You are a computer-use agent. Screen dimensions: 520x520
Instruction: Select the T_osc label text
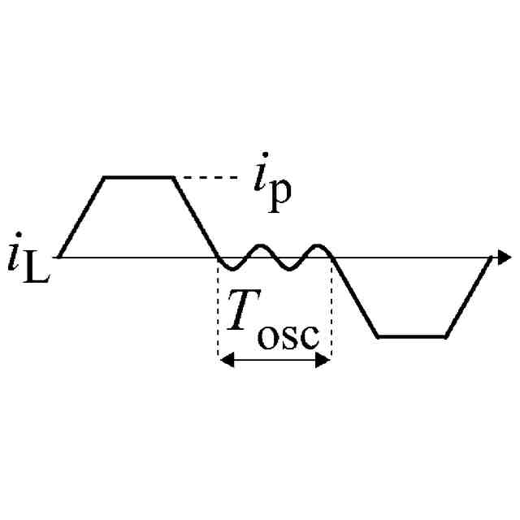[272, 322]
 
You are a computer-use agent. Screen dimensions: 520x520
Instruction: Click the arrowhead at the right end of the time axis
[504, 258]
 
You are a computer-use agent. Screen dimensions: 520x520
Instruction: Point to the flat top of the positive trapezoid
[138, 176]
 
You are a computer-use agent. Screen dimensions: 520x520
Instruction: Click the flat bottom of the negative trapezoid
[412, 336]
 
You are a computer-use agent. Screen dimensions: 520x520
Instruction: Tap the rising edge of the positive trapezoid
[82, 217]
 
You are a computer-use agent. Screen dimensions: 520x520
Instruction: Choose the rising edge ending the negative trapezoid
[469, 297]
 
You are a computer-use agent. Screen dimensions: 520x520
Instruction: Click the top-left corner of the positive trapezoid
[104, 176]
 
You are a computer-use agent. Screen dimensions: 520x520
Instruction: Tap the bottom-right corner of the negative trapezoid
[445, 336]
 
